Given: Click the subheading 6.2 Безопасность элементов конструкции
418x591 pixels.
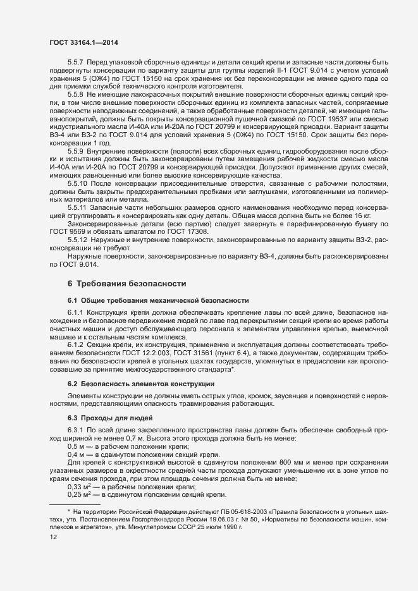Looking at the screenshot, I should [140, 384].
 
